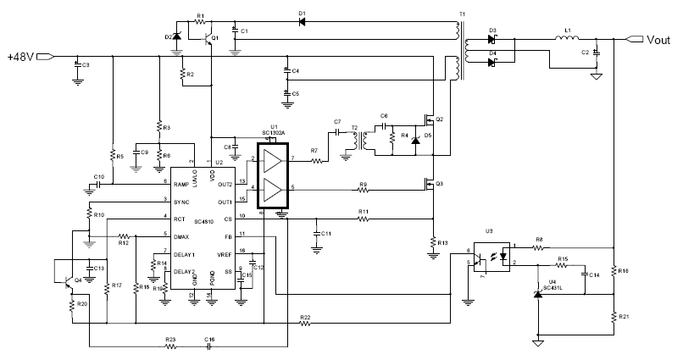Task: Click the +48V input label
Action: [19, 57]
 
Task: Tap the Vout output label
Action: [659, 39]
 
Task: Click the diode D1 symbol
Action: [303, 22]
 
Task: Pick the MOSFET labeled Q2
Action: [430, 121]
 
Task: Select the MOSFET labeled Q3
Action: [430, 184]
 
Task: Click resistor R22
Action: [306, 324]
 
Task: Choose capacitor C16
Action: [209, 346]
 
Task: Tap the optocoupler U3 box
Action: [491, 256]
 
